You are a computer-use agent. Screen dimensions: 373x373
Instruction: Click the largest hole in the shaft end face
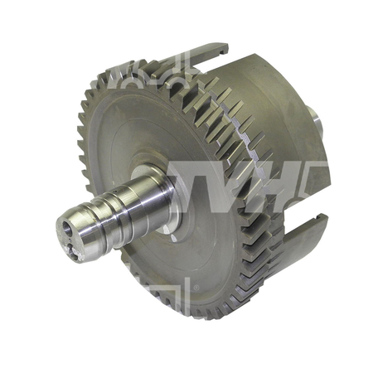tap(67, 229)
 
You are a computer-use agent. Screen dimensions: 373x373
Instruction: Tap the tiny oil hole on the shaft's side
tap(114, 191)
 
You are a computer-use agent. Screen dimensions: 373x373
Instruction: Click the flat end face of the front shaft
tap(69, 239)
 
